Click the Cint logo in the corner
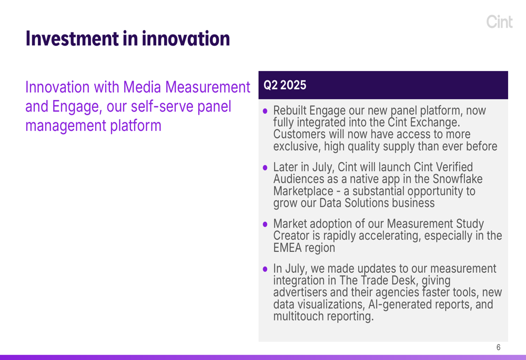(500, 22)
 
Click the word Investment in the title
(72, 38)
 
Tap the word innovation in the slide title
(186, 38)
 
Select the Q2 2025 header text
(285, 85)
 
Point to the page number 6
(499, 347)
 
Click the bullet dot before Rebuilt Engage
(265, 111)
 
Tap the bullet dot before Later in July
(265, 168)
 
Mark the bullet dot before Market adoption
(265, 224)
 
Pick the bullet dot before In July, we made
(265, 269)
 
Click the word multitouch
(299, 316)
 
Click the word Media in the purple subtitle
(142, 87)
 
